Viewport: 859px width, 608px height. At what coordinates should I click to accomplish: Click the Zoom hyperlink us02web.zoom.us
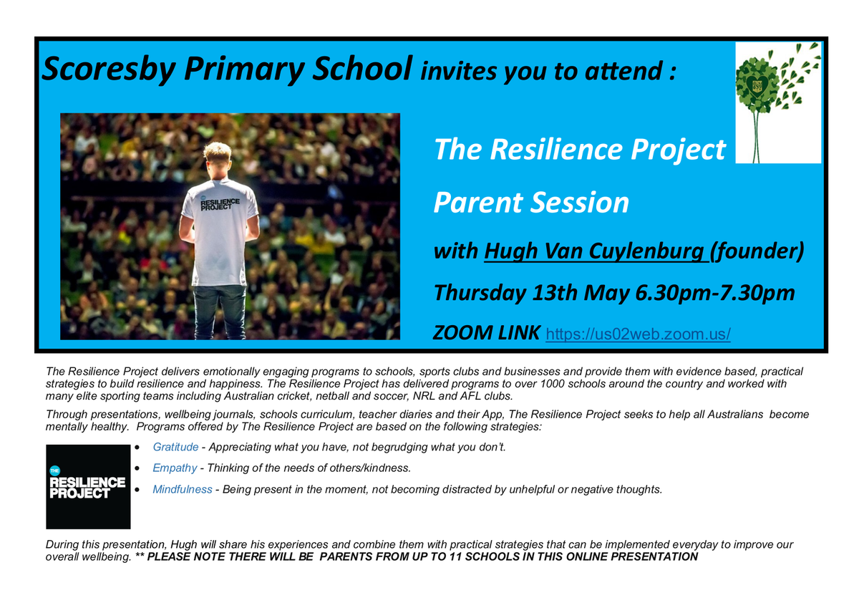pyautogui.click(x=638, y=334)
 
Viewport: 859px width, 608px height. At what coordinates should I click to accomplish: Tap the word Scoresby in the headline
pyautogui.click(x=109, y=69)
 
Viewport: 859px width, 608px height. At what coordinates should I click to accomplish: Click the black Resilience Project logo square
pyautogui.click(x=88, y=487)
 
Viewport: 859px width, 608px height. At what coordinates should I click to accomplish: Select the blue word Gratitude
pyautogui.click(x=175, y=447)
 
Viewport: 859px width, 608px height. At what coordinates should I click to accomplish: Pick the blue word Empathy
pyautogui.click(x=175, y=468)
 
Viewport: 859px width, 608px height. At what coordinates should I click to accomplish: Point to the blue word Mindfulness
pyautogui.click(x=182, y=489)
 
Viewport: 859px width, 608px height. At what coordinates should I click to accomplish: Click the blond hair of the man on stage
pyautogui.click(x=217, y=153)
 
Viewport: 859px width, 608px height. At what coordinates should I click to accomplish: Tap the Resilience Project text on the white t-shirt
pyautogui.click(x=220, y=203)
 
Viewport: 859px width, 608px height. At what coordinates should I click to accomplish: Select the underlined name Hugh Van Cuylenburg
pyautogui.click(x=596, y=251)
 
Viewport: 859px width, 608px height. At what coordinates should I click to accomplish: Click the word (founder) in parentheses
pyautogui.click(x=757, y=251)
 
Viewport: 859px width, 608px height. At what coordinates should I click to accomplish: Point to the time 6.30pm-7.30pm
pyautogui.click(x=715, y=293)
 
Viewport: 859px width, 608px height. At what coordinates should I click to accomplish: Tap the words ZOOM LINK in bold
pyautogui.click(x=486, y=332)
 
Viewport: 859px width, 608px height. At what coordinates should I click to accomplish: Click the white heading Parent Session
pyautogui.click(x=531, y=203)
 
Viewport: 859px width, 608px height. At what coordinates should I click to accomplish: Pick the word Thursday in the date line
pyautogui.click(x=480, y=294)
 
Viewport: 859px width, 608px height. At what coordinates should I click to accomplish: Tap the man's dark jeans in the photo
pyautogui.click(x=219, y=312)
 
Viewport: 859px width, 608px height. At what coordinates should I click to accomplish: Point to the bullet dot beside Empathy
pyautogui.click(x=137, y=468)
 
